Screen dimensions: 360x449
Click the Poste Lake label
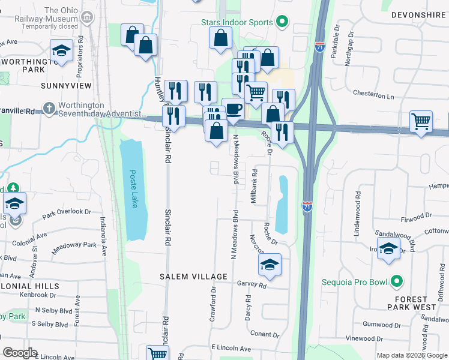coord(134,186)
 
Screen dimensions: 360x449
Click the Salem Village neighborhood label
coord(193,277)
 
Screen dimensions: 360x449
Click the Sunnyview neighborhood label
coord(66,86)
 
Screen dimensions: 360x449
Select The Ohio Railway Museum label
coord(70,18)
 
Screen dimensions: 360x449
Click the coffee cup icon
coord(233,109)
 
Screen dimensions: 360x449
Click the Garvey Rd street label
coord(252,286)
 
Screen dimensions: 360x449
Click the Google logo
coord(20,353)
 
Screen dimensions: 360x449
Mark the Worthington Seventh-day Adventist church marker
coord(50,110)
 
